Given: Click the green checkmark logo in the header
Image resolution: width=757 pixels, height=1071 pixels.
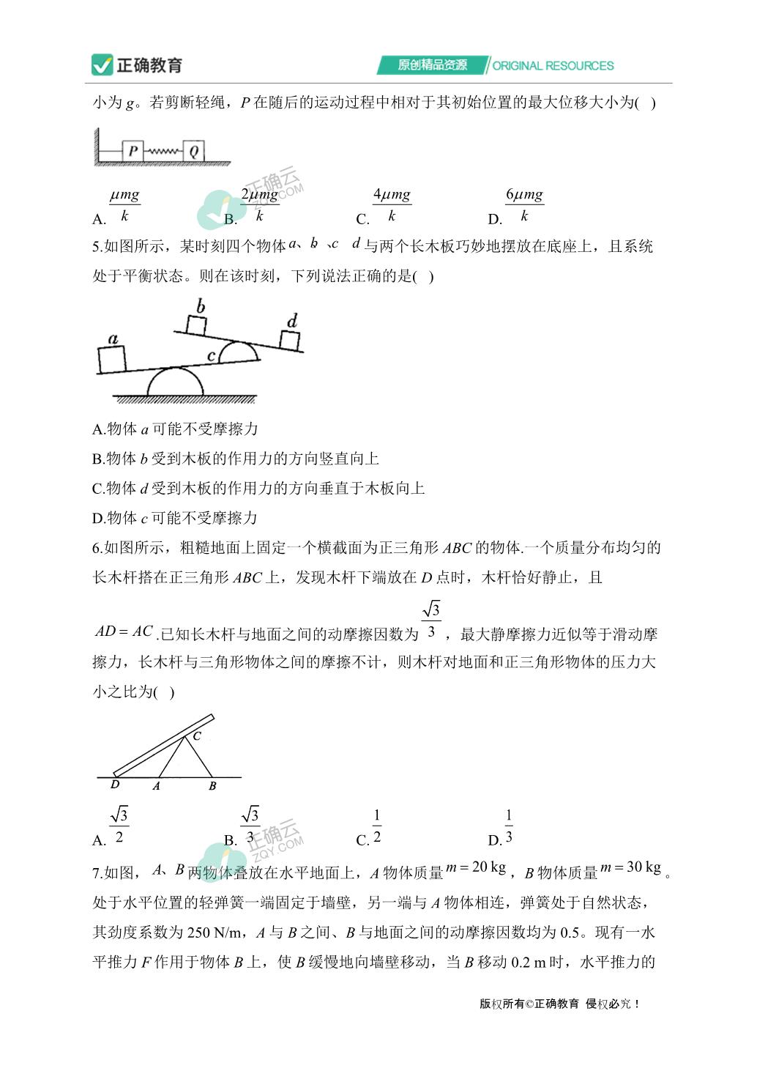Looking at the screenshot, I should click(102, 64).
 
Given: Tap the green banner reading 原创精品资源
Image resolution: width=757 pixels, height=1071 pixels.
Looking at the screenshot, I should click(432, 64).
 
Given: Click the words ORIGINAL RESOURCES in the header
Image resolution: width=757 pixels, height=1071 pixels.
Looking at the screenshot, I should click(553, 65).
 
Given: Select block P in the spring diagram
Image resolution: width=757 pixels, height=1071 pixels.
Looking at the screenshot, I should click(133, 151).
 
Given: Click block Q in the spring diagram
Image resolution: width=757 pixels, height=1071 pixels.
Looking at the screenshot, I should click(193, 151).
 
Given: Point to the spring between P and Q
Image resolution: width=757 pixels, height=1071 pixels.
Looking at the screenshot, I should click(163, 151).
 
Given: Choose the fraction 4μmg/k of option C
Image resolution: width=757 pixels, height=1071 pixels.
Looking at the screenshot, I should click(392, 205).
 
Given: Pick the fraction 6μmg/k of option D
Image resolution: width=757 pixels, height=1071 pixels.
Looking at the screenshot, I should click(524, 205).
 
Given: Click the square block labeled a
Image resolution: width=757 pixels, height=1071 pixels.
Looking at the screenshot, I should click(111, 359).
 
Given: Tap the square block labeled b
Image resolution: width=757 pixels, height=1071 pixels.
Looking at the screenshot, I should click(196, 325).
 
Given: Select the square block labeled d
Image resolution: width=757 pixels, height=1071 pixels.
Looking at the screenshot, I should click(290, 341).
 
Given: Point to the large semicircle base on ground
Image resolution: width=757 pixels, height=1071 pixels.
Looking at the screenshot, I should click(175, 383).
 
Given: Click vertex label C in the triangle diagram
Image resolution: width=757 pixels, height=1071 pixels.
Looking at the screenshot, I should click(197, 736).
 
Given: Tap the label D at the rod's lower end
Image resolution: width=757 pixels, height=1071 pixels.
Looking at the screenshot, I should click(115, 785).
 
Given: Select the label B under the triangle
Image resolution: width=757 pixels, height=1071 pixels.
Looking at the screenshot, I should click(212, 786).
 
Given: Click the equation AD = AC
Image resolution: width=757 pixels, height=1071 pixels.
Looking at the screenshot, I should click(124, 631).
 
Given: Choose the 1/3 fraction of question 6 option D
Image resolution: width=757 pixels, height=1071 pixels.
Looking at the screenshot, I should click(509, 826).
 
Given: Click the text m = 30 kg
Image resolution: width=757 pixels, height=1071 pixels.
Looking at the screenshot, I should click(630, 867).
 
